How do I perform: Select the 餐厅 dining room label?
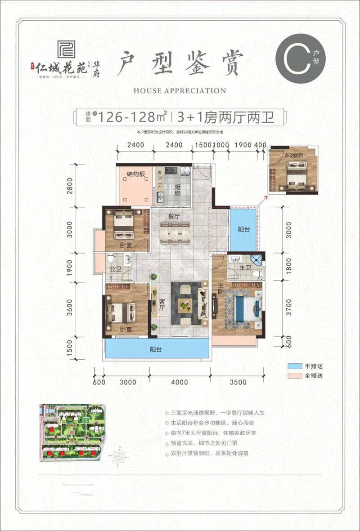point(174,216)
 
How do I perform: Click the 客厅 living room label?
point(161,306)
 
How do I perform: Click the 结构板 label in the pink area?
point(135,174)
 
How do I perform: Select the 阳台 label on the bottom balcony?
point(156,349)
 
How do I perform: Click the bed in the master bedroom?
point(245,308)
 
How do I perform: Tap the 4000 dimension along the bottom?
point(179,383)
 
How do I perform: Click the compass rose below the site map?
point(119,456)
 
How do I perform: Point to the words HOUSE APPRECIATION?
point(180,91)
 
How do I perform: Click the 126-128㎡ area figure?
point(133,117)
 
